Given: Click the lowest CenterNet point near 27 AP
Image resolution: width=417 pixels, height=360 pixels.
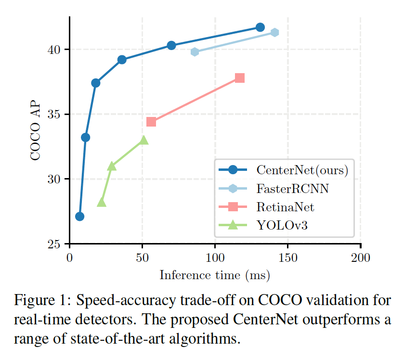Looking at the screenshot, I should click(x=80, y=217).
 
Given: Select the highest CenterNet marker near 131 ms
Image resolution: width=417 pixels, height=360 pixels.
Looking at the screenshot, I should click(x=260, y=27).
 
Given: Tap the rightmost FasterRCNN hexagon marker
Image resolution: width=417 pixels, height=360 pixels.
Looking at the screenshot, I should click(x=274, y=32).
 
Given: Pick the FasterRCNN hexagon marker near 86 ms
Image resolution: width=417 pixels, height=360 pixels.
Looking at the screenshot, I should click(x=195, y=52).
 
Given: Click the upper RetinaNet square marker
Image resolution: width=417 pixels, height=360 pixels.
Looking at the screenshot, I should click(x=240, y=78).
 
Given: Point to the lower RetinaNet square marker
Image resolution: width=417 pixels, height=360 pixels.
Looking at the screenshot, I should click(x=151, y=122).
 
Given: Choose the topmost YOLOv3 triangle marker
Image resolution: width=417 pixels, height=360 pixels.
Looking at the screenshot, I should click(x=143, y=140).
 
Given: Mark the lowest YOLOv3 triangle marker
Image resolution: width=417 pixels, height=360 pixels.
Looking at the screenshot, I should click(x=102, y=203).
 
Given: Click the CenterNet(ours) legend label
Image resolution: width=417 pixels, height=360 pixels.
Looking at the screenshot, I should click(x=302, y=170).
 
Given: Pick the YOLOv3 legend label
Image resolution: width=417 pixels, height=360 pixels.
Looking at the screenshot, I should click(x=282, y=225).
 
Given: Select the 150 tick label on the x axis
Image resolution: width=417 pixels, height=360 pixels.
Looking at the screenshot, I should click(x=288, y=258).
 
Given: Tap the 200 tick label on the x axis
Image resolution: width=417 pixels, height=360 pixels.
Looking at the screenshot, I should click(x=361, y=258).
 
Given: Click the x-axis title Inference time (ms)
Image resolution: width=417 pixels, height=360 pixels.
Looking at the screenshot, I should click(x=215, y=275).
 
